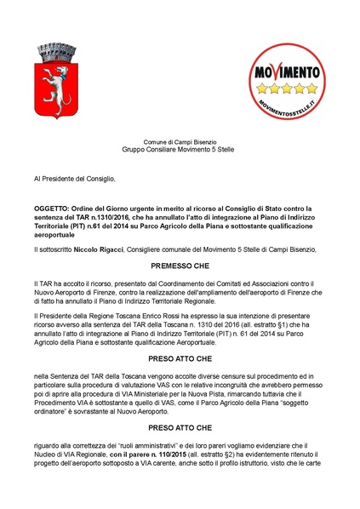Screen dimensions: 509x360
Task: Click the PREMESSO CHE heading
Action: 180,266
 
